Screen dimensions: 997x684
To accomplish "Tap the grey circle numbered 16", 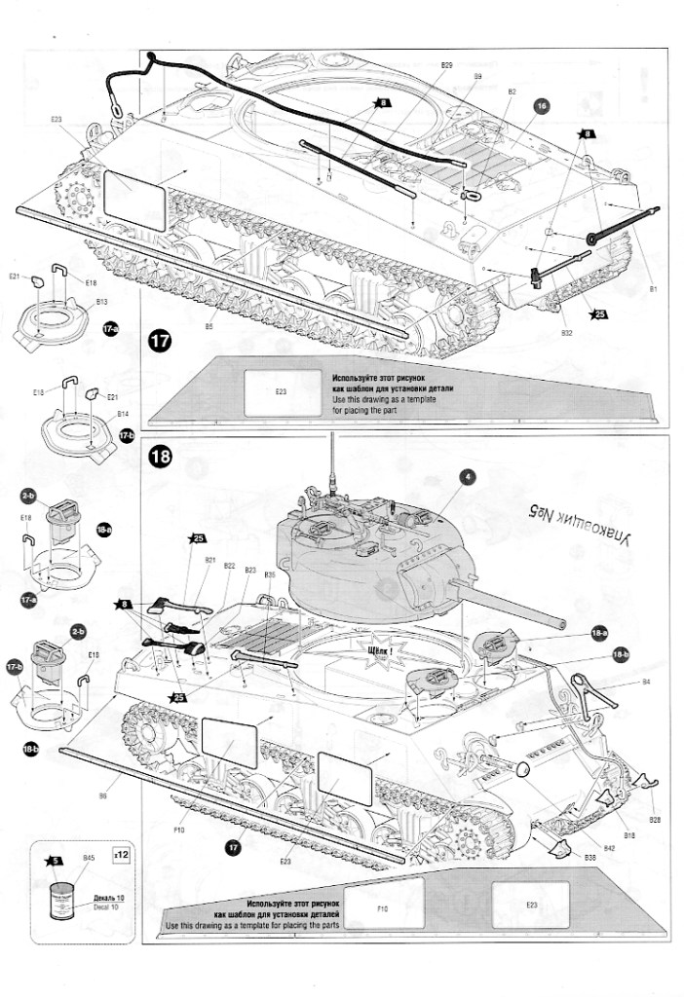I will tap(542, 105).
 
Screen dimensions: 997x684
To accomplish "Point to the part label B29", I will tap(446, 65).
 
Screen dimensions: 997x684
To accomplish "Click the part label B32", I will tap(566, 333).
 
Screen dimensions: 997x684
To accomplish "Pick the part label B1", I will tap(654, 289).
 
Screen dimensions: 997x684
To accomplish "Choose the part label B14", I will tap(123, 413).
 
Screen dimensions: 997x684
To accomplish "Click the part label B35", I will tap(270, 575).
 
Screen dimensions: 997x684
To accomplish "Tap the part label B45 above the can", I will tap(88, 858).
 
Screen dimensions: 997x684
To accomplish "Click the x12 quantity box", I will tap(120, 854).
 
